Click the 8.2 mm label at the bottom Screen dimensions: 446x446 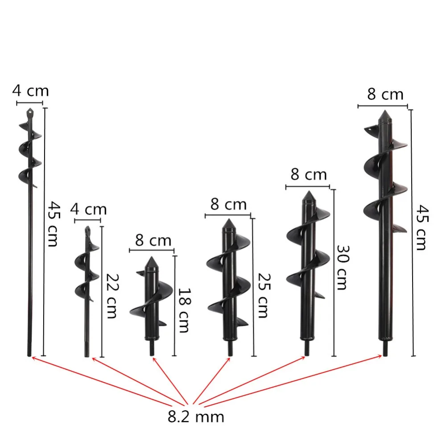point(196,417)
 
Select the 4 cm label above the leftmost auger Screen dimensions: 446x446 point(30,91)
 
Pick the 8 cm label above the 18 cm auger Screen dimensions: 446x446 point(153,240)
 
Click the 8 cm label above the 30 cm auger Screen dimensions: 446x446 point(309,174)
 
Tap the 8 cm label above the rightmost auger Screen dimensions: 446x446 point(385,95)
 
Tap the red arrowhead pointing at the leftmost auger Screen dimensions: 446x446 point(33,357)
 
